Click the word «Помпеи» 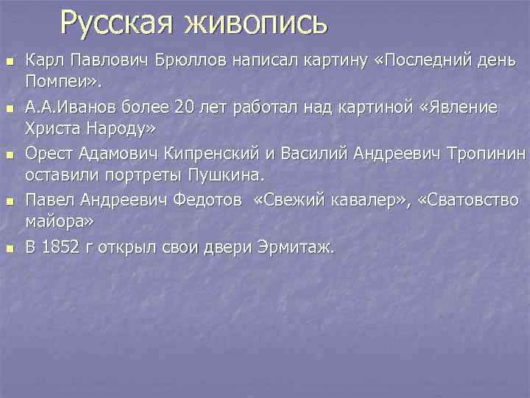(56, 79)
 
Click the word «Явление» (462, 108)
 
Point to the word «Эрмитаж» (297, 247)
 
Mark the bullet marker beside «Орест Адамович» (10, 156)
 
